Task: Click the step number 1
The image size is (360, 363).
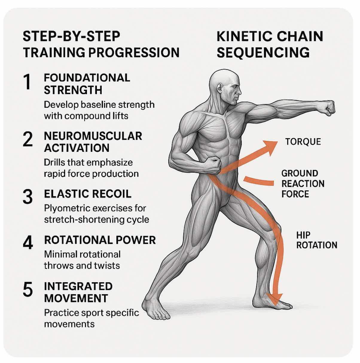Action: pyautogui.click(x=28, y=82)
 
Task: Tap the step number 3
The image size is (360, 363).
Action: pyautogui.click(x=28, y=197)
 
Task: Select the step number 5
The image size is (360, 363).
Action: pyautogui.click(x=28, y=290)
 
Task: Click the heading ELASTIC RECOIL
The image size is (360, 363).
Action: pyautogui.click(x=88, y=194)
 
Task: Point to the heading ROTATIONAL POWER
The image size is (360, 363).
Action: pyautogui.click(x=100, y=240)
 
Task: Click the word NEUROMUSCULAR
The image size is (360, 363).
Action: pyautogui.click(x=93, y=136)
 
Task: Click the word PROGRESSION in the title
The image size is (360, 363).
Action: pyautogui.click(x=134, y=53)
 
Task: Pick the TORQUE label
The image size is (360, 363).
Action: pyautogui.click(x=303, y=142)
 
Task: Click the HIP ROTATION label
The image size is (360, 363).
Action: pyautogui.click(x=316, y=240)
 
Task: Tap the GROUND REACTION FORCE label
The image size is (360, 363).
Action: pyautogui.click(x=303, y=184)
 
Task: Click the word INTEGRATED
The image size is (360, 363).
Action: pyautogui.click(x=78, y=286)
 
